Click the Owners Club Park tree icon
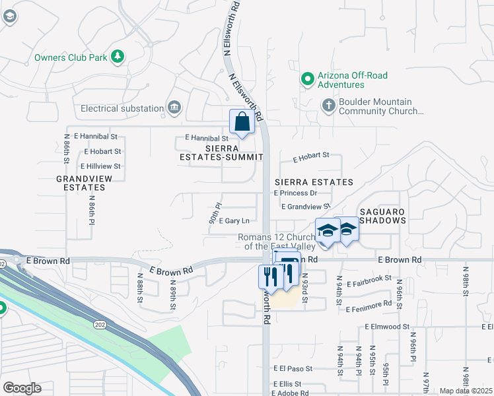click(x=118, y=57)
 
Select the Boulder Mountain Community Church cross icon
click(x=328, y=105)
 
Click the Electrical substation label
click(x=122, y=108)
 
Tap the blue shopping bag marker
click(x=242, y=122)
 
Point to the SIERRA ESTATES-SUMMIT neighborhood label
click(x=221, y=152)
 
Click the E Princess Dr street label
click(x=295, y=193)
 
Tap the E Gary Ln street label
click(x=234, y=220)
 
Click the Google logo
click(x=22, y=388)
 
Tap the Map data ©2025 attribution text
click(x=466, y=391)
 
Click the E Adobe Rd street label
click(x=290, y=393)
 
